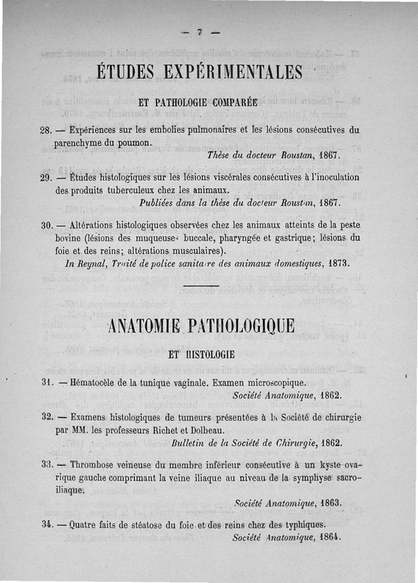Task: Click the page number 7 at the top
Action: point(199,32)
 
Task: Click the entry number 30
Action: point(47,226)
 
